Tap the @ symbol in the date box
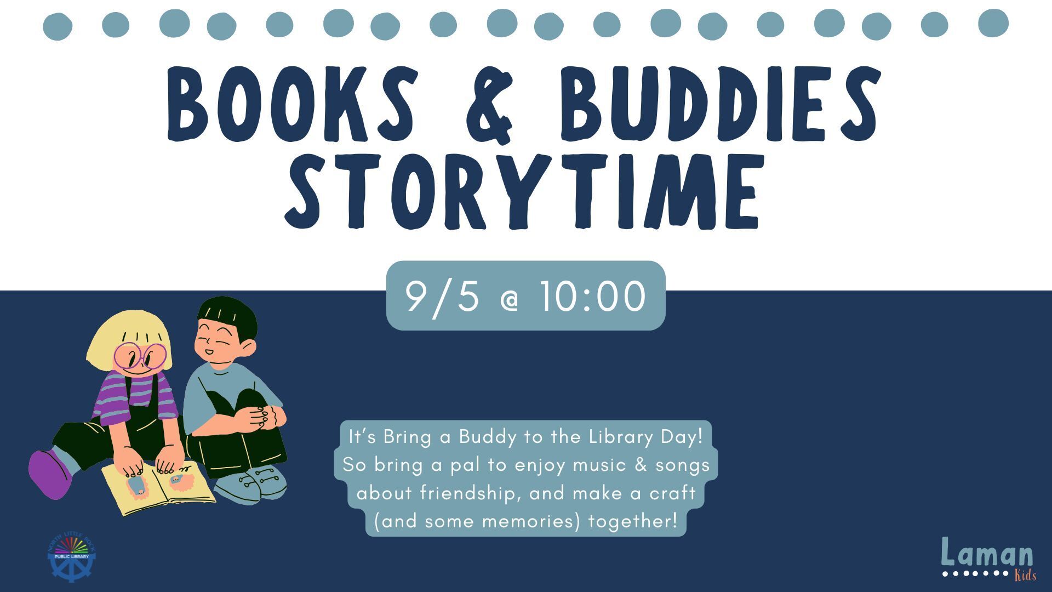click(x=510, y=301)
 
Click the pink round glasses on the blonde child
click(x=140, y=356)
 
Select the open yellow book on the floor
click(x=158, y=488)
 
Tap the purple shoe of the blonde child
click(x=50, y=474)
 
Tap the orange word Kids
click(x=1025, y=576)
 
